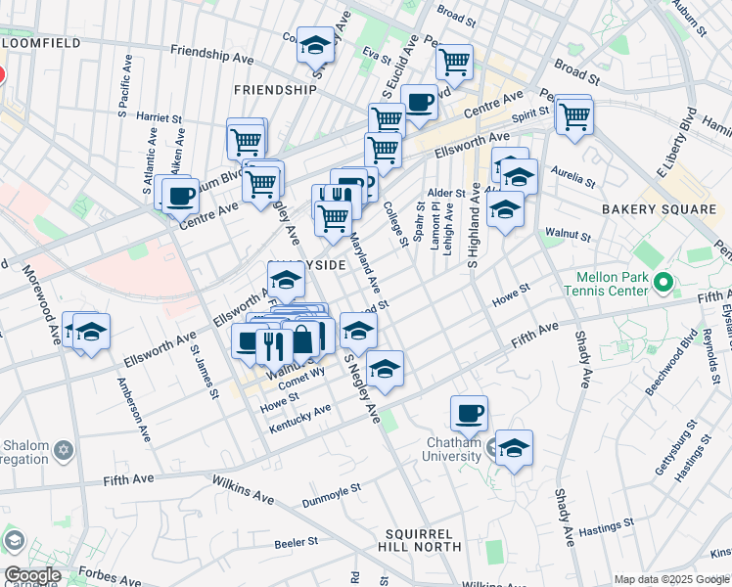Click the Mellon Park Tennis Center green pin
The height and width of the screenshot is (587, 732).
(x=663, y=284)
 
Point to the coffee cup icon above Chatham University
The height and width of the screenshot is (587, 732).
(x=470, y=413)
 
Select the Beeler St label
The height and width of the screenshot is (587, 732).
(x=297, y=541)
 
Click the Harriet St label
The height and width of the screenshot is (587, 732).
(x=160, y=116)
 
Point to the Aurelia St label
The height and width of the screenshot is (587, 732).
(x=573, y=181)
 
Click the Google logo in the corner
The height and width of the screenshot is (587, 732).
(x=32, y=575)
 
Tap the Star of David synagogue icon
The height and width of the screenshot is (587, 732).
(x=64, y=451)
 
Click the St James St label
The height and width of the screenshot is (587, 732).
(x=203, y=370)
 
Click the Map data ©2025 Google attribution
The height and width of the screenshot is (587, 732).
(x=671, y=579)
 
